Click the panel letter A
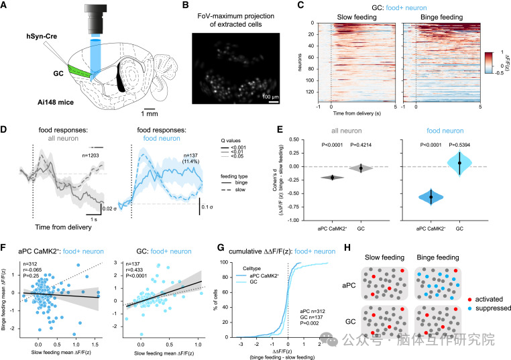point(5,6)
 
